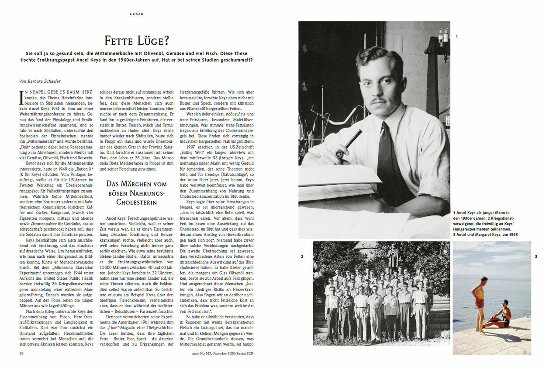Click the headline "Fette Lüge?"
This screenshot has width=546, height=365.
point(137,42)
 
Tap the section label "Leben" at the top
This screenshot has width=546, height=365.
point(137,14)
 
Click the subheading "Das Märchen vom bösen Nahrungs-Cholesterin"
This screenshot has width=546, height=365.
point(137,193)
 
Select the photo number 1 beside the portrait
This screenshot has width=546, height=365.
point(456,37)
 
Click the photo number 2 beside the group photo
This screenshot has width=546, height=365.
point(302,256)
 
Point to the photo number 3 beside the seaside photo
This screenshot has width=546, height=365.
point(536,256)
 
